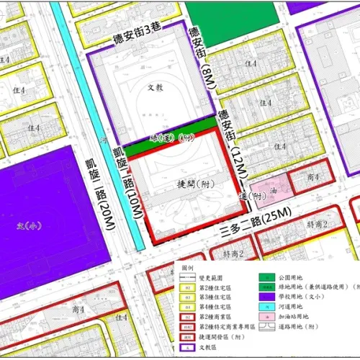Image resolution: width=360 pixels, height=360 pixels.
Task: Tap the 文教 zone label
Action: coord(156,87)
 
